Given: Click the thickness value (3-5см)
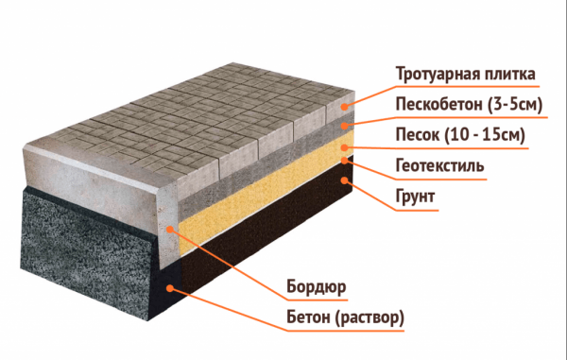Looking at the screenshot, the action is (515, 105).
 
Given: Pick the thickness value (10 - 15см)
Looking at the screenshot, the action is (485, 135).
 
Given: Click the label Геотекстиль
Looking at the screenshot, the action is (439, 165).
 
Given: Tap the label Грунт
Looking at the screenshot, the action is (415, 197).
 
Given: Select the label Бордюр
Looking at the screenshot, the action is (317, 287).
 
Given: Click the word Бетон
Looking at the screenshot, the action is (308, 317).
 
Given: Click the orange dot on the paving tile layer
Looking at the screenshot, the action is (345, 106).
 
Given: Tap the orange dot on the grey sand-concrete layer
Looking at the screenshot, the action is (345, 126).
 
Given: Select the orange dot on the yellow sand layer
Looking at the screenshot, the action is (345, 147).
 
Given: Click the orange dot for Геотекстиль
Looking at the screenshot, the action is (345, 160).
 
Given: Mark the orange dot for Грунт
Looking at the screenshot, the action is (345, 180).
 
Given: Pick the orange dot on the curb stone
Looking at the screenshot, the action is (170, 229).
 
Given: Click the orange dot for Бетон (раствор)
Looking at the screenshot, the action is (170, 288).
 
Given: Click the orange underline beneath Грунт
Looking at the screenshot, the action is (417, 210).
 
